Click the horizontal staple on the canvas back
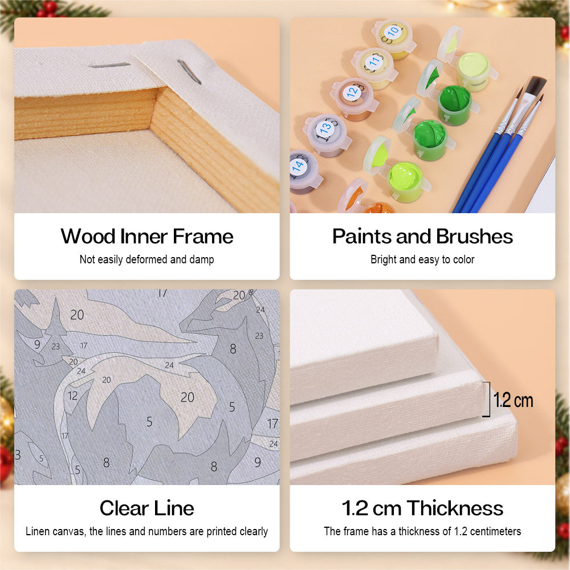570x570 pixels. click(x=109, y=66)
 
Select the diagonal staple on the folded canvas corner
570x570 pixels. click(x=189, y=72)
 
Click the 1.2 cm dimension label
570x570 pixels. click(x=514, y=400)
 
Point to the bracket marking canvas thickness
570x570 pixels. click(x=487, y=399)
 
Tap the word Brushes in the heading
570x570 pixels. click(x=474, y=237)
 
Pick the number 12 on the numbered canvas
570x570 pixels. click(x=73, y=396)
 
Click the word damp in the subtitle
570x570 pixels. click(x=202, y=259)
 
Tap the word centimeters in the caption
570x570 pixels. click(x=495, y=531)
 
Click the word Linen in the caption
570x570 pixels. click(x=38, y=531)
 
